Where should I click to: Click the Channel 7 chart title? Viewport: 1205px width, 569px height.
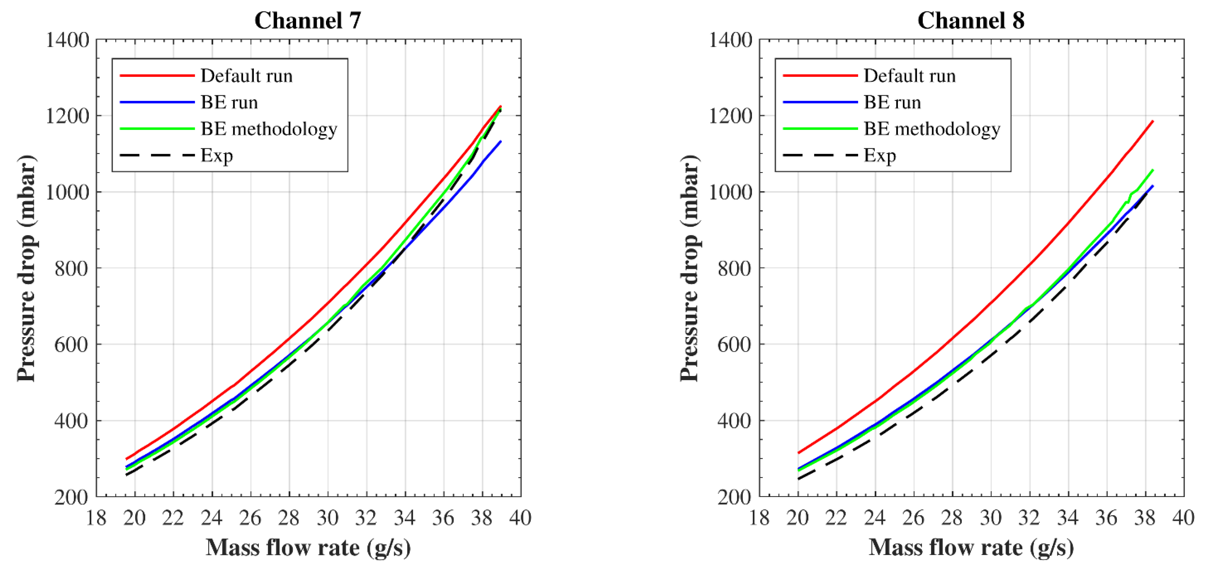308,21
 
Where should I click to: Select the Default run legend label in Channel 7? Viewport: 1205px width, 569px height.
247,76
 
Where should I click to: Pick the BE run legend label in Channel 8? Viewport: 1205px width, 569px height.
892,102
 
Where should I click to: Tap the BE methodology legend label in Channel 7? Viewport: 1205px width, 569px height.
269,129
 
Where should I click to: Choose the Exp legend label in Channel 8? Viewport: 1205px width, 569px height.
879,155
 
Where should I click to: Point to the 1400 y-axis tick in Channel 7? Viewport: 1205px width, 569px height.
67,40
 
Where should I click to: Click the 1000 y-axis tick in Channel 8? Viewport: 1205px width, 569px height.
730,192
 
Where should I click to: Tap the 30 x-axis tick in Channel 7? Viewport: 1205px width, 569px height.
327,518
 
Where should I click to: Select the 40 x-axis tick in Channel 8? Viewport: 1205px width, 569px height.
1183,518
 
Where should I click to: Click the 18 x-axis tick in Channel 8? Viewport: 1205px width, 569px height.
759,518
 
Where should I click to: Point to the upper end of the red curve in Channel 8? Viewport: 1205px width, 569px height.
1153,121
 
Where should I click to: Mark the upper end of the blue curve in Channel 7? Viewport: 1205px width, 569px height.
501,141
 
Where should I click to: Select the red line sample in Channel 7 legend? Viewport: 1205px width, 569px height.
157,76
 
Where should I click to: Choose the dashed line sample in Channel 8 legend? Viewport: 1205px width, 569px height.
820,155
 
